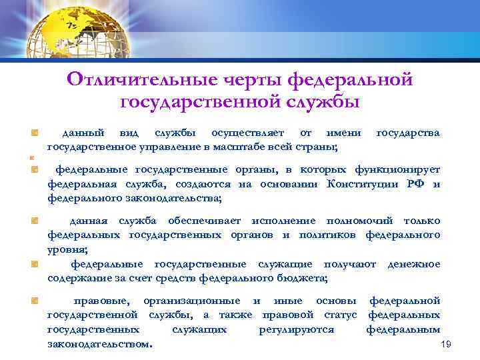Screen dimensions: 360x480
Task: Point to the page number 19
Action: tap(447, 344)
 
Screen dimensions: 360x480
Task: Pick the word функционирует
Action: tap(399, 170)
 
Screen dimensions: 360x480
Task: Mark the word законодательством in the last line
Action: tap(99, 343)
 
